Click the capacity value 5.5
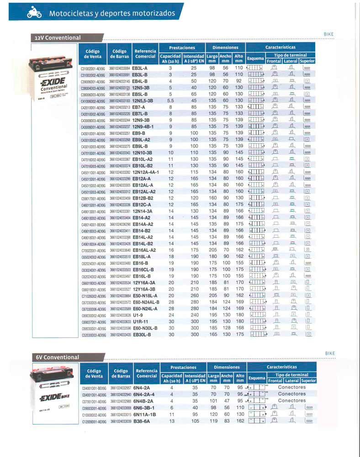coord(170,100)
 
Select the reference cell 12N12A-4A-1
coord(146,172)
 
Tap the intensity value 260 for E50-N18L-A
coord(194,295)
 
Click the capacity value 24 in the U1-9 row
coord(171,315)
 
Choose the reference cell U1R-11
coord(141,321)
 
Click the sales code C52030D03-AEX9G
coord(93,335)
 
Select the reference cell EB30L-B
coord(142,335)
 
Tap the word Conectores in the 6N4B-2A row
coord(292,400)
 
